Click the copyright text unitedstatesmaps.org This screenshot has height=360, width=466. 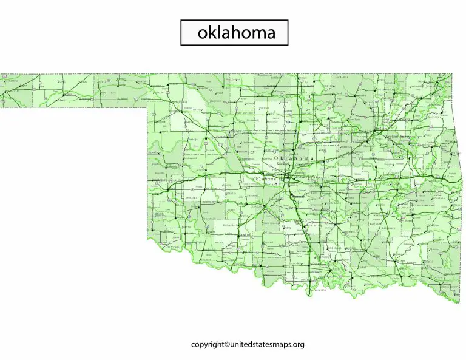click(x=248, y=345)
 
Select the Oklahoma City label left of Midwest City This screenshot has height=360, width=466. click(x=264, y=179)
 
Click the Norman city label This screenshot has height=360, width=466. click(x=298, y=197)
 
